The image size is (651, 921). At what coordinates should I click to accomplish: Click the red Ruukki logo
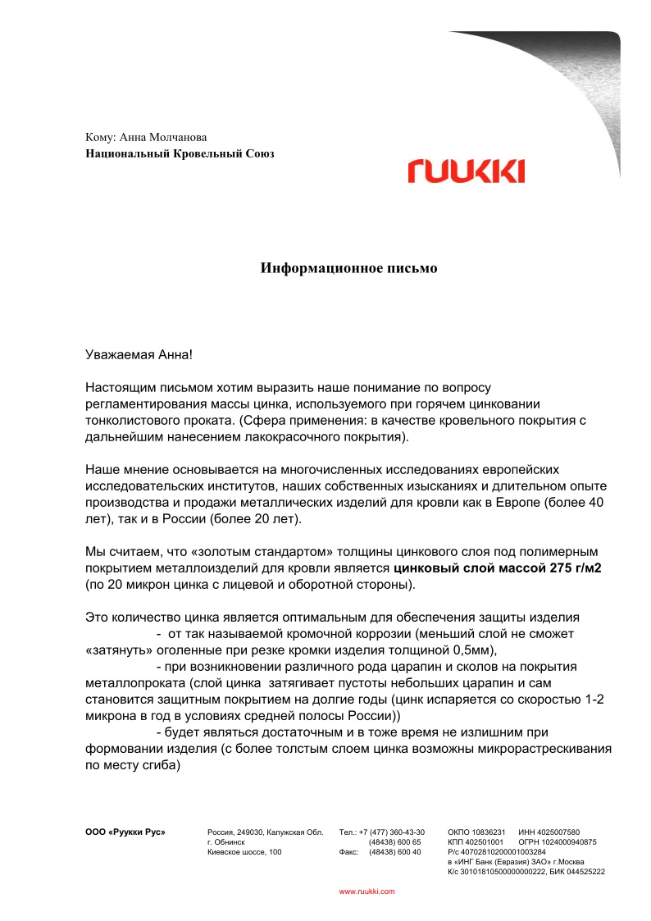click(x=466, y=171)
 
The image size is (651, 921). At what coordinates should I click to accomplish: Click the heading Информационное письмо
click(x=349, y=268)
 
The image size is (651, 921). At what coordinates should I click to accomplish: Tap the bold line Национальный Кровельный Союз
click(x=180, y=153)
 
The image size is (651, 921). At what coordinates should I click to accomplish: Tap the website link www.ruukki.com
click(x=367, y=891)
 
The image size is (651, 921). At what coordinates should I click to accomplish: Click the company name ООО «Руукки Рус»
click(x=125, y=832)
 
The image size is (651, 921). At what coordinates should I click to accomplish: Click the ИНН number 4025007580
click(x=561, y=832)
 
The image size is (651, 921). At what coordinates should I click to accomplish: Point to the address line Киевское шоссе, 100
click(x=244, y=852)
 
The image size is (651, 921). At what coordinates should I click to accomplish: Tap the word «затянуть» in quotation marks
click(x=117, y=651)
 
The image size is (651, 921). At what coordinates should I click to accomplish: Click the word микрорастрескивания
click(x=544, y=749)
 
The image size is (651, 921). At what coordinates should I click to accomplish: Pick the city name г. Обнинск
click(x=225, y=842)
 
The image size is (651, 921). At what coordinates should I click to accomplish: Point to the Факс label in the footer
click(x=348, y=852)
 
